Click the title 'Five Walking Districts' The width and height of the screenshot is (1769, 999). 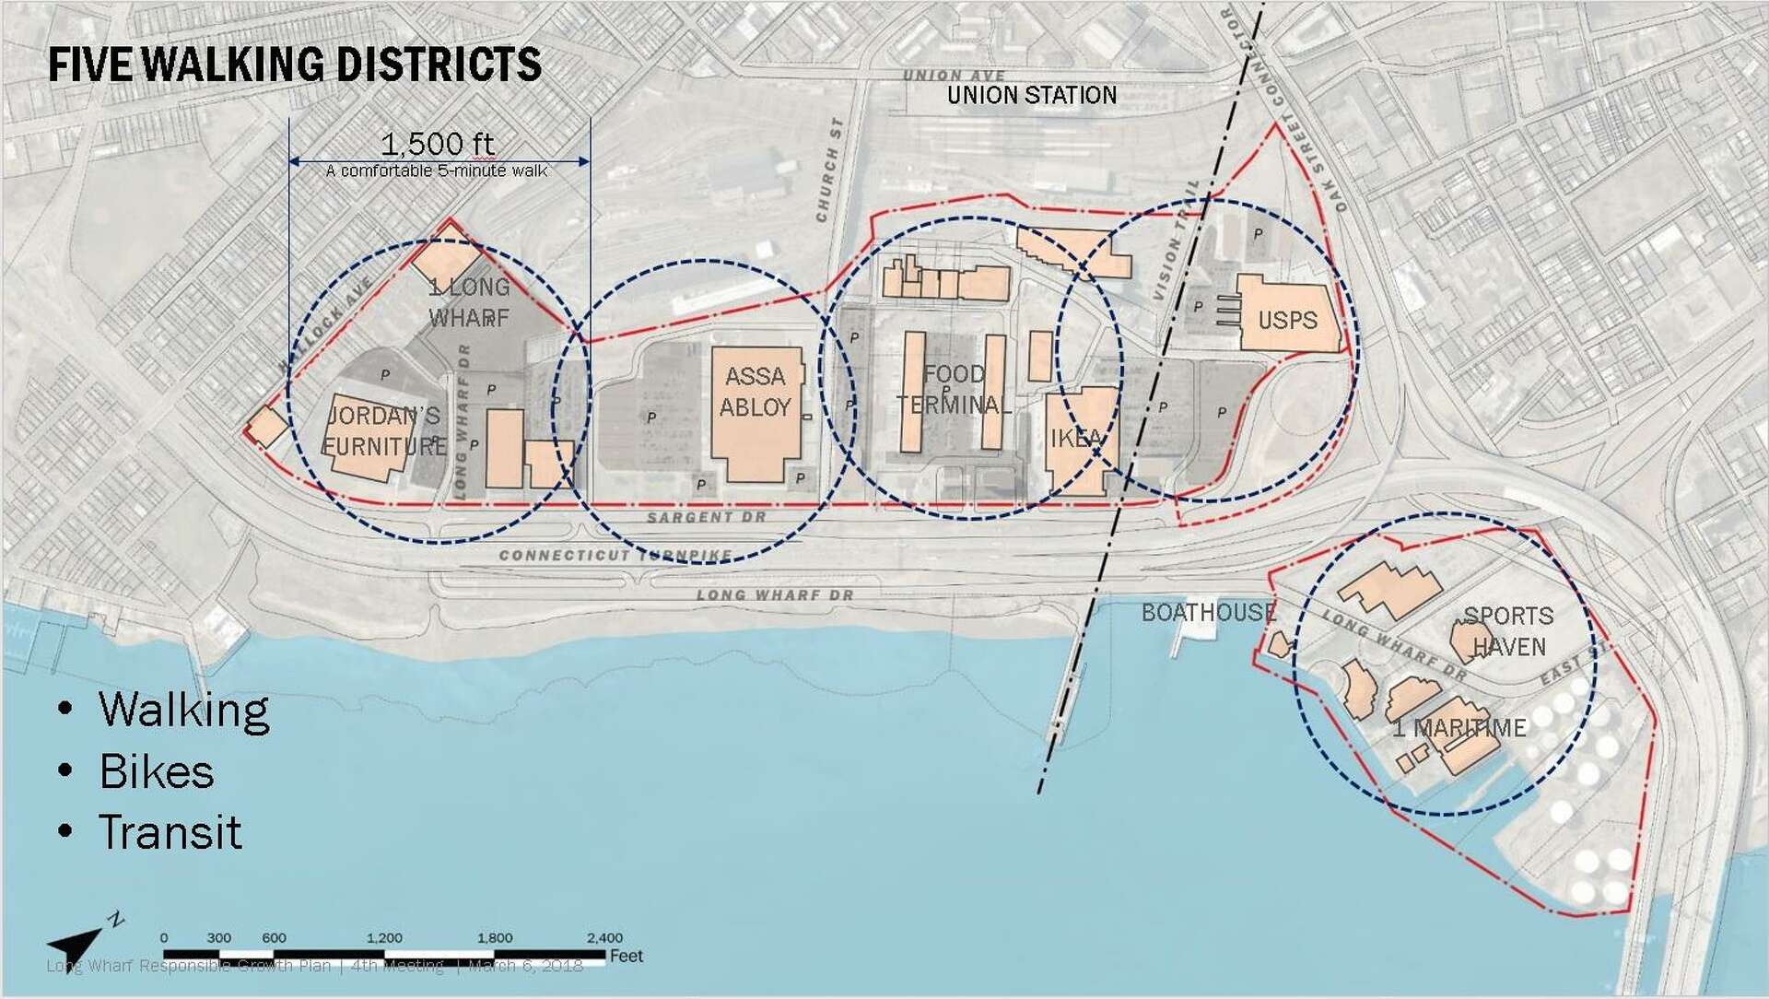tap(295, 65)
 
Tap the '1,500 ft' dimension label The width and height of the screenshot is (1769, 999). tap(438, 144)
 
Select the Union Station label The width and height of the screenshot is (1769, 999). tap(1032, 95)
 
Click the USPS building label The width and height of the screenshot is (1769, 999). tap(1287, 320)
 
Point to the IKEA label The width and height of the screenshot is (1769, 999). tap(1076, 438)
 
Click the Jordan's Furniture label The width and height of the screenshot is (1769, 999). tap(384, 430)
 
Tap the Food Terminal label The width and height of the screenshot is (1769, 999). tap(955, 389)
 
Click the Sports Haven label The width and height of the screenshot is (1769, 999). tap(1508, 631)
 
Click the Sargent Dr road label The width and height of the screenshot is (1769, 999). tap(706, 518)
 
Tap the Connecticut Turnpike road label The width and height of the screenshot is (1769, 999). tap(615, 556)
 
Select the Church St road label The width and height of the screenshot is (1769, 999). tap(829, 170)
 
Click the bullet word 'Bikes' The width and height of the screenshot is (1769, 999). tap(157, 772)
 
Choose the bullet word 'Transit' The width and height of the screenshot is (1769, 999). tap(170, 833)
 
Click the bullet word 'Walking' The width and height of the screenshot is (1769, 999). tap(184, 711)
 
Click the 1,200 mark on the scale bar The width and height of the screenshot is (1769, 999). tap(384, 938)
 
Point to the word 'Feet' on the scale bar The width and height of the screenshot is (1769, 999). tap(627, 956)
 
